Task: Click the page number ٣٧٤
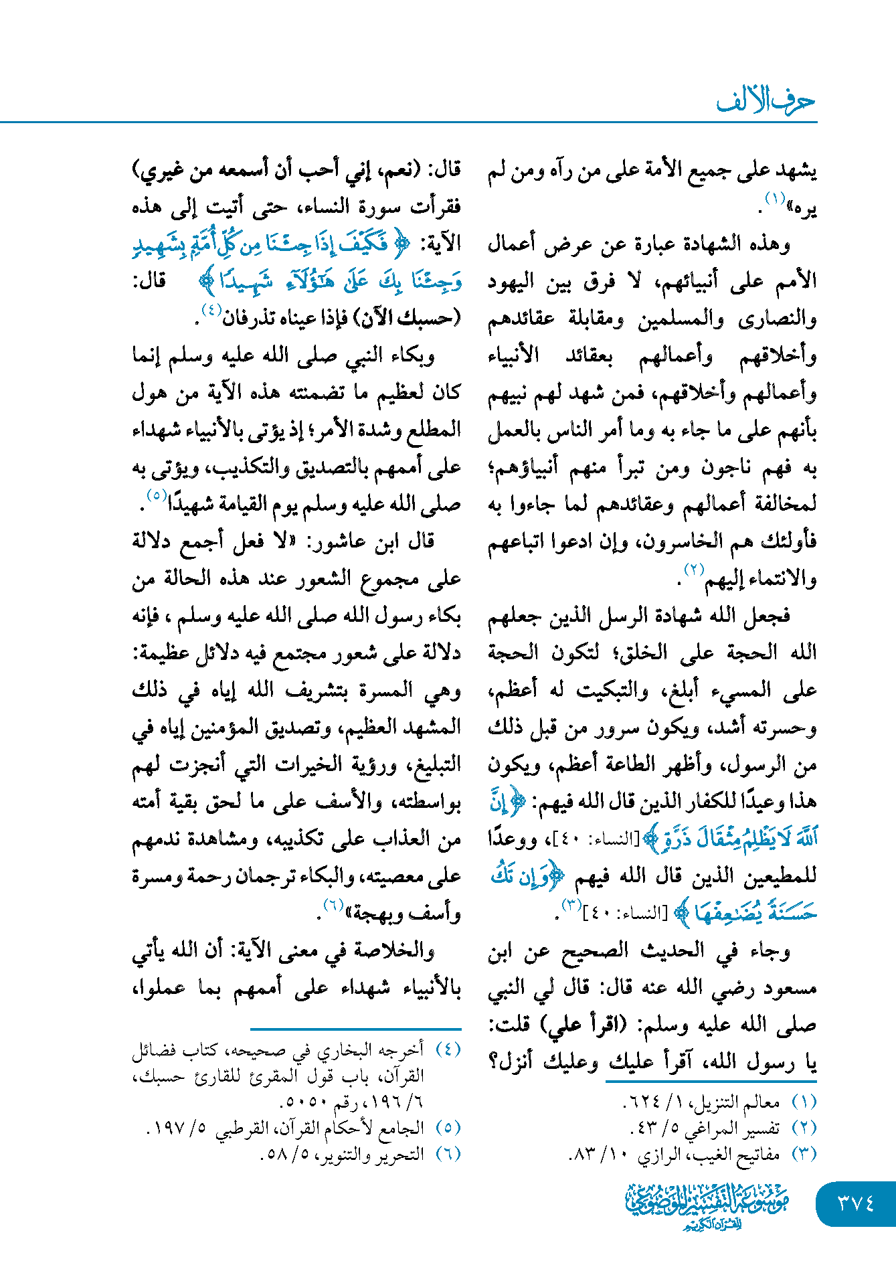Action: (856, 1203)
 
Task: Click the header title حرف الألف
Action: (766, 100)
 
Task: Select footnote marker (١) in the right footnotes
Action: (804, 1102)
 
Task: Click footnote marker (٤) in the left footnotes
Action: (448, 1049)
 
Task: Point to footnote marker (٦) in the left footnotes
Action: (448, 1154)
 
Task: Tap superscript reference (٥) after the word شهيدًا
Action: (157, 496)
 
